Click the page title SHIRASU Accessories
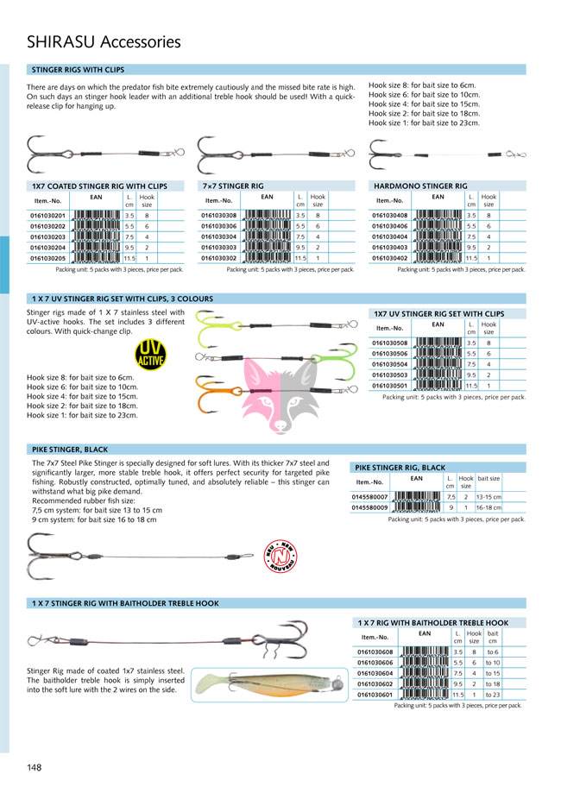click(x=104, y=41)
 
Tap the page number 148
click(x=35, y=767)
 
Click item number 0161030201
click(x=47, y=216)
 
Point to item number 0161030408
click(x=389, y=216)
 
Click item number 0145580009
click(x=369, y=508)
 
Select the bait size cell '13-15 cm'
click(x=489, y=497)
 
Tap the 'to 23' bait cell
click(x=493, y=694)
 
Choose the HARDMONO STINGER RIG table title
click(x=421, y=186)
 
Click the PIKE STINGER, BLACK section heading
click(x=70, y=450)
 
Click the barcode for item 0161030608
click(x=425, y=652)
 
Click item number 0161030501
click(x=389, y=386)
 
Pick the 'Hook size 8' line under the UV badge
click(x=81, y=377)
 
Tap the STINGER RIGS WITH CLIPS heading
click(x=78, y=68)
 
